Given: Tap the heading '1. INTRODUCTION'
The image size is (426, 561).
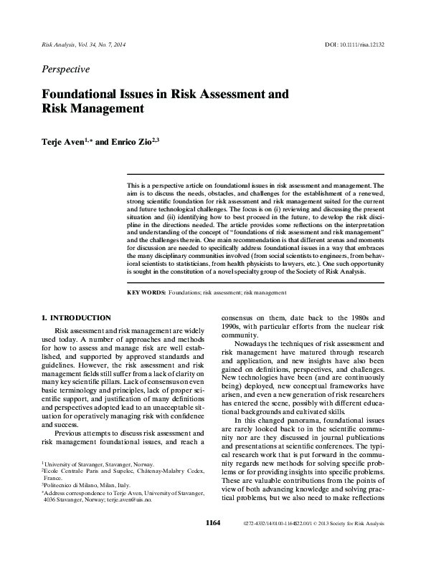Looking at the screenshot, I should coord(75,317).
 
